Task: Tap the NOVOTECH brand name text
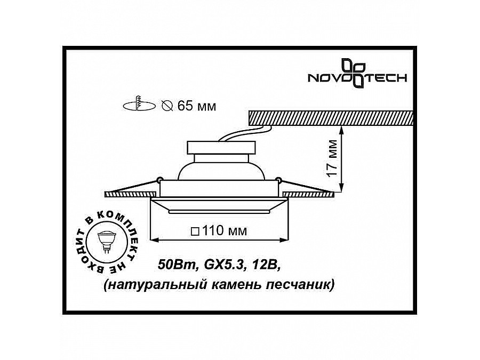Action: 358,78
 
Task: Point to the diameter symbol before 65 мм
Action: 166,106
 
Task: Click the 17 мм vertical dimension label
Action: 332,158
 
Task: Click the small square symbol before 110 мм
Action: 195,231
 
